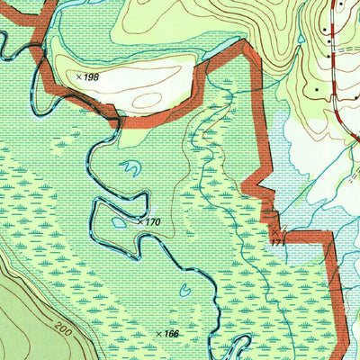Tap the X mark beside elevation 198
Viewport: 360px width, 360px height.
pyautogui.click(x=78, y=77)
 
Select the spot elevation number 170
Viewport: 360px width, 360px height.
pyautogui.click(x=150, y=220)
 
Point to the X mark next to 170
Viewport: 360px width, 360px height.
pyautogui.click(x=139, y=220)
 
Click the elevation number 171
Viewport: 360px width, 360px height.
pyautogui.click(x=276, y=242)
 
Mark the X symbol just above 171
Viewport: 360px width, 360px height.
pyautogui.click(x=274, y=232)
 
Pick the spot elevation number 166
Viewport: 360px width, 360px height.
pyautogui.click(x=172, y=334)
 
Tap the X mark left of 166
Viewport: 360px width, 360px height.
pyautogui.click(x=159, y=334)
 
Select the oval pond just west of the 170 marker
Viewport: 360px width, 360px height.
pyautogui.click(x=119, y=222)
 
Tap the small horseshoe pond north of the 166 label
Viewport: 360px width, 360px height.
pyautogui.click(x=184, y=290)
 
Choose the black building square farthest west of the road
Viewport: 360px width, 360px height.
pyautogui.click(x=316, y=89)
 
